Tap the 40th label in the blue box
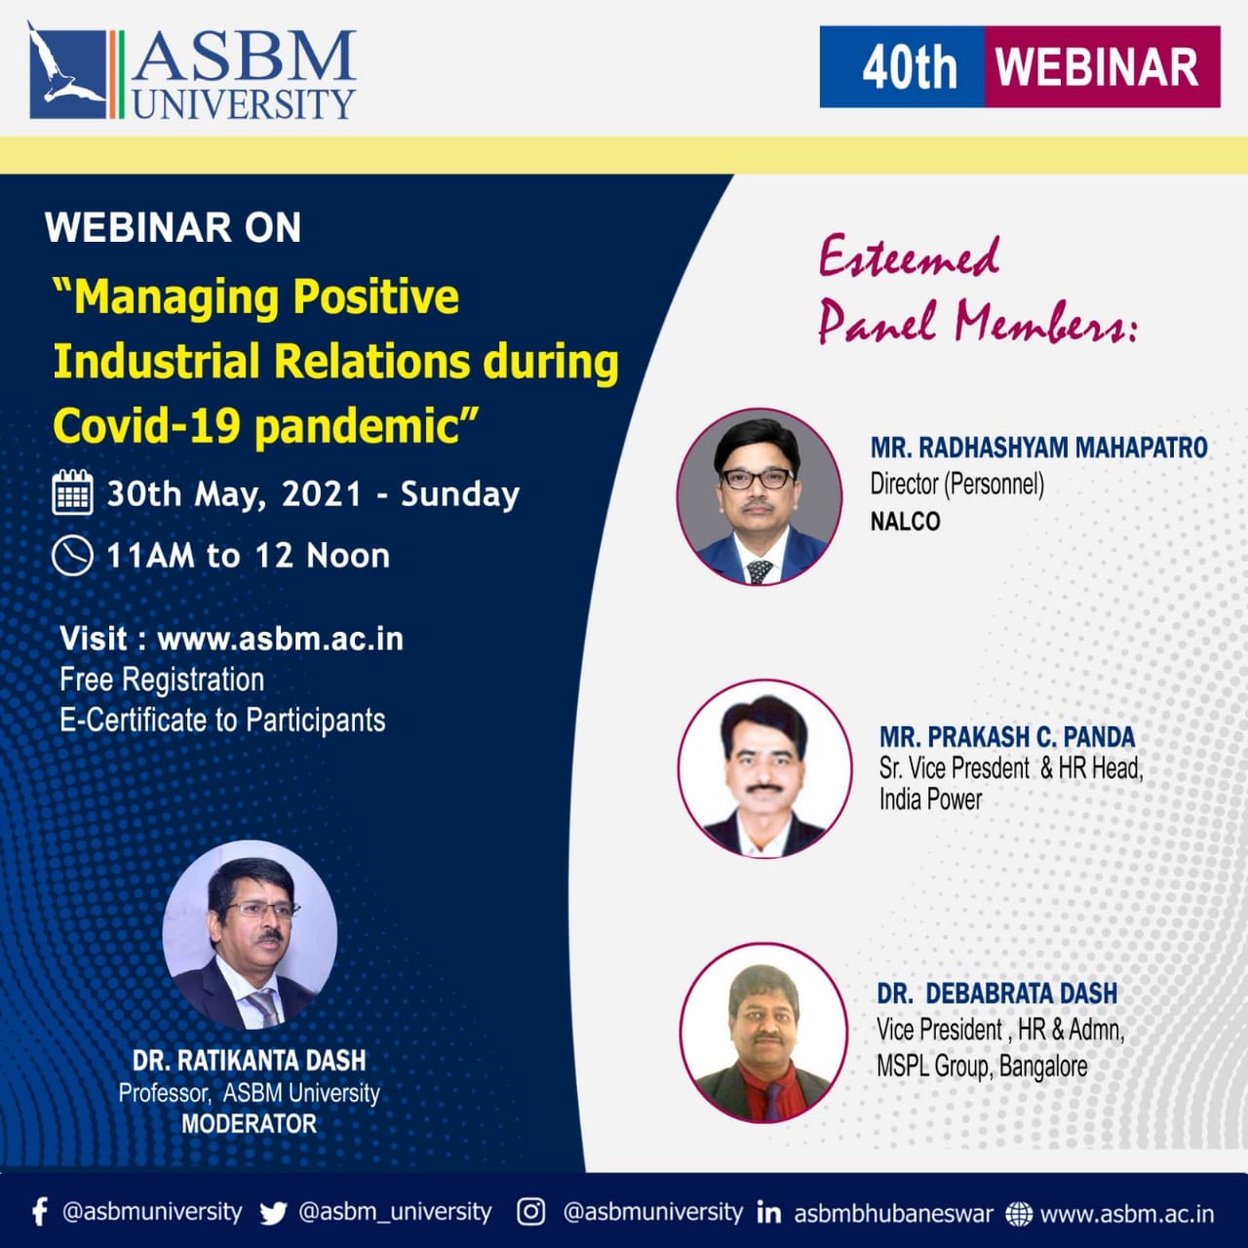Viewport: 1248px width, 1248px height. coord(908,67)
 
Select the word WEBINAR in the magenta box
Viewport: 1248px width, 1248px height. coord(1097,67)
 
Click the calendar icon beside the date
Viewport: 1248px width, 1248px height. coord(72,493)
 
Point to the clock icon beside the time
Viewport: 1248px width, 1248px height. coord(72,556)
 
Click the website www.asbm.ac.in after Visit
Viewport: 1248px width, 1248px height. coord(280,639)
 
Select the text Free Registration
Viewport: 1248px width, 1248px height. coord(162,680)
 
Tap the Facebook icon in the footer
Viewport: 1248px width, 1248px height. coord(39,1212)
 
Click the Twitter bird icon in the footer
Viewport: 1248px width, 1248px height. coord(273,1213)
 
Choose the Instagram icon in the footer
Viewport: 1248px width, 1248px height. coord(530,1212)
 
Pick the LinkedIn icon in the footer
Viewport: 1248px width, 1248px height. coord(768,1213)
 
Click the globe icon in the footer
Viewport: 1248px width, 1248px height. coord(1019,1214)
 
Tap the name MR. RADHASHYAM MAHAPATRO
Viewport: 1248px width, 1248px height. coord(1038,448)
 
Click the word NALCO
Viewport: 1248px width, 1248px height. coord(905,522)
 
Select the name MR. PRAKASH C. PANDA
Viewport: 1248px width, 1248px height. coord(1007,736)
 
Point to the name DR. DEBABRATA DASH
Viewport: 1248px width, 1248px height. coord(996,994)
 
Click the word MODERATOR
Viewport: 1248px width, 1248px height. coord(249,1124)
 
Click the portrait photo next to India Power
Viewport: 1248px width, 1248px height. coord(765,769)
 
